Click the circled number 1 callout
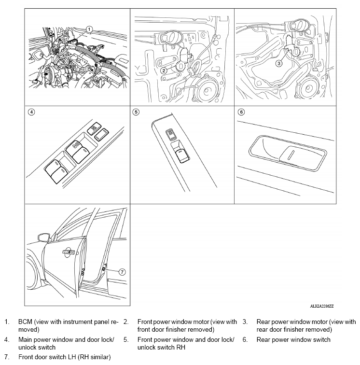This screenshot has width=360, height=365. click(x=88, y=28)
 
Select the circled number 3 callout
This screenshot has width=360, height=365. click(x=278, y=63)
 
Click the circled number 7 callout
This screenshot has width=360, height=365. click(x=122, y=272)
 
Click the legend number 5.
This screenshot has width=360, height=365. click(x=125, y=340)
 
